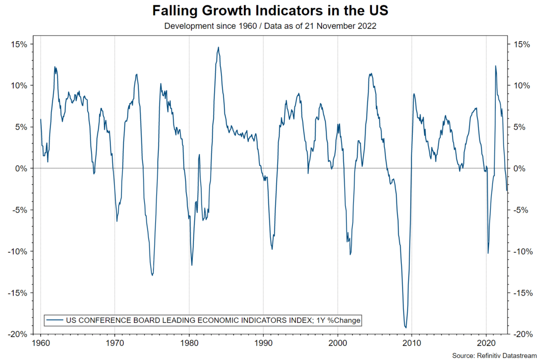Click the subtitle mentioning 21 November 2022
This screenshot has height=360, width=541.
[x=270, y=26]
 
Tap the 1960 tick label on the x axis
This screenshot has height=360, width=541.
[x=40, y=343]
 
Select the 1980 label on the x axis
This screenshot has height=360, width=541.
[x=189, y=343]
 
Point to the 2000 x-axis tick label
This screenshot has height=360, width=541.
[x=337, y=343]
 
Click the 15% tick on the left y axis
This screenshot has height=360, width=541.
[x=20, y=44]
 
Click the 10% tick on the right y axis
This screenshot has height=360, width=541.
[x=521, y=86]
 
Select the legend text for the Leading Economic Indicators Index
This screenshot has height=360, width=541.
[x=213, y=320]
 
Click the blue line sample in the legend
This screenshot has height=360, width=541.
[x=55, y=320]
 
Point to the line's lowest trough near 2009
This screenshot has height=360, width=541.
[x=405, y=327]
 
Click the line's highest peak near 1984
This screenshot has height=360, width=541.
[x=218, y=47]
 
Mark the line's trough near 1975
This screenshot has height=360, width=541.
[x=152, y=275]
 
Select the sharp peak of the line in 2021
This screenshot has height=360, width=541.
[x=495, y=66]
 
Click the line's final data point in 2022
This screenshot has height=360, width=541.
[x=507, y=191]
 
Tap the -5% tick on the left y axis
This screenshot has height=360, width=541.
[x=20, y=210]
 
